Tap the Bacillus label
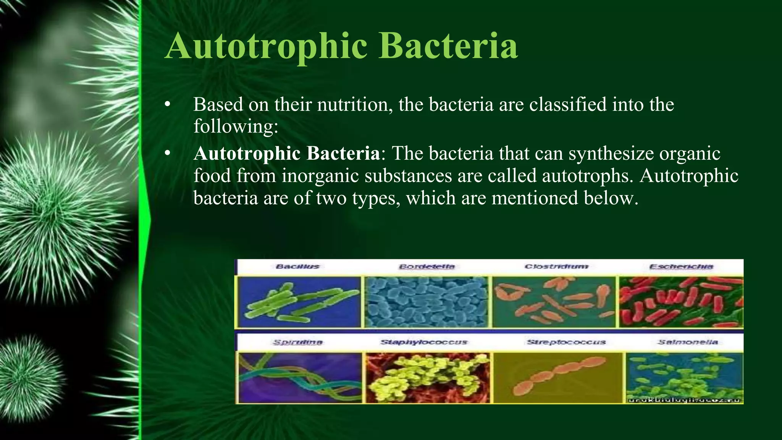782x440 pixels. [297, 266]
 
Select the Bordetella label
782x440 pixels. [427, 266]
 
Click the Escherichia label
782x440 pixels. [681, 266]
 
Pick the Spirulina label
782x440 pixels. [297, 342]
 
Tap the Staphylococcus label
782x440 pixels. [423, 342]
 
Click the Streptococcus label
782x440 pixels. [566, 342]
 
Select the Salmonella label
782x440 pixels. [687, 342]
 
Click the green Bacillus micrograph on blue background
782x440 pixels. [299, 302]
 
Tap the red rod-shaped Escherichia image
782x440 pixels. [681, 302]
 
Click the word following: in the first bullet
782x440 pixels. [236, 126]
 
